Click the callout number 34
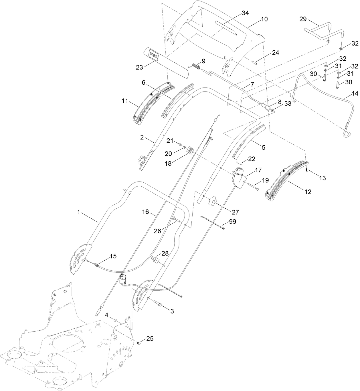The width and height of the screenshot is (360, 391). click(x=245, y=13)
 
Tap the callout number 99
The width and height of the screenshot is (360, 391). click(x=233, y=222)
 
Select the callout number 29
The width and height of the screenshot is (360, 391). click(x=303, y=19)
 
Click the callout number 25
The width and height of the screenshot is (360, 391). click(x=150, y=339)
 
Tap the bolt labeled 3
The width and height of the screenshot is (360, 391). click(x=158, y=305)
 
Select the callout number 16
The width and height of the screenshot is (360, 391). click(x=146, y=212)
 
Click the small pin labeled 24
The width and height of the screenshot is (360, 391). click(x=256, y=62)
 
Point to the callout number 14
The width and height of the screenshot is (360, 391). click(x=355, y=93)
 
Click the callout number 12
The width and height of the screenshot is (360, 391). click(x=308, y=192)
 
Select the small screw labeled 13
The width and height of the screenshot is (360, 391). click(x=306, y=171)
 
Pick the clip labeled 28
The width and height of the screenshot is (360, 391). click(x=155, y=260)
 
